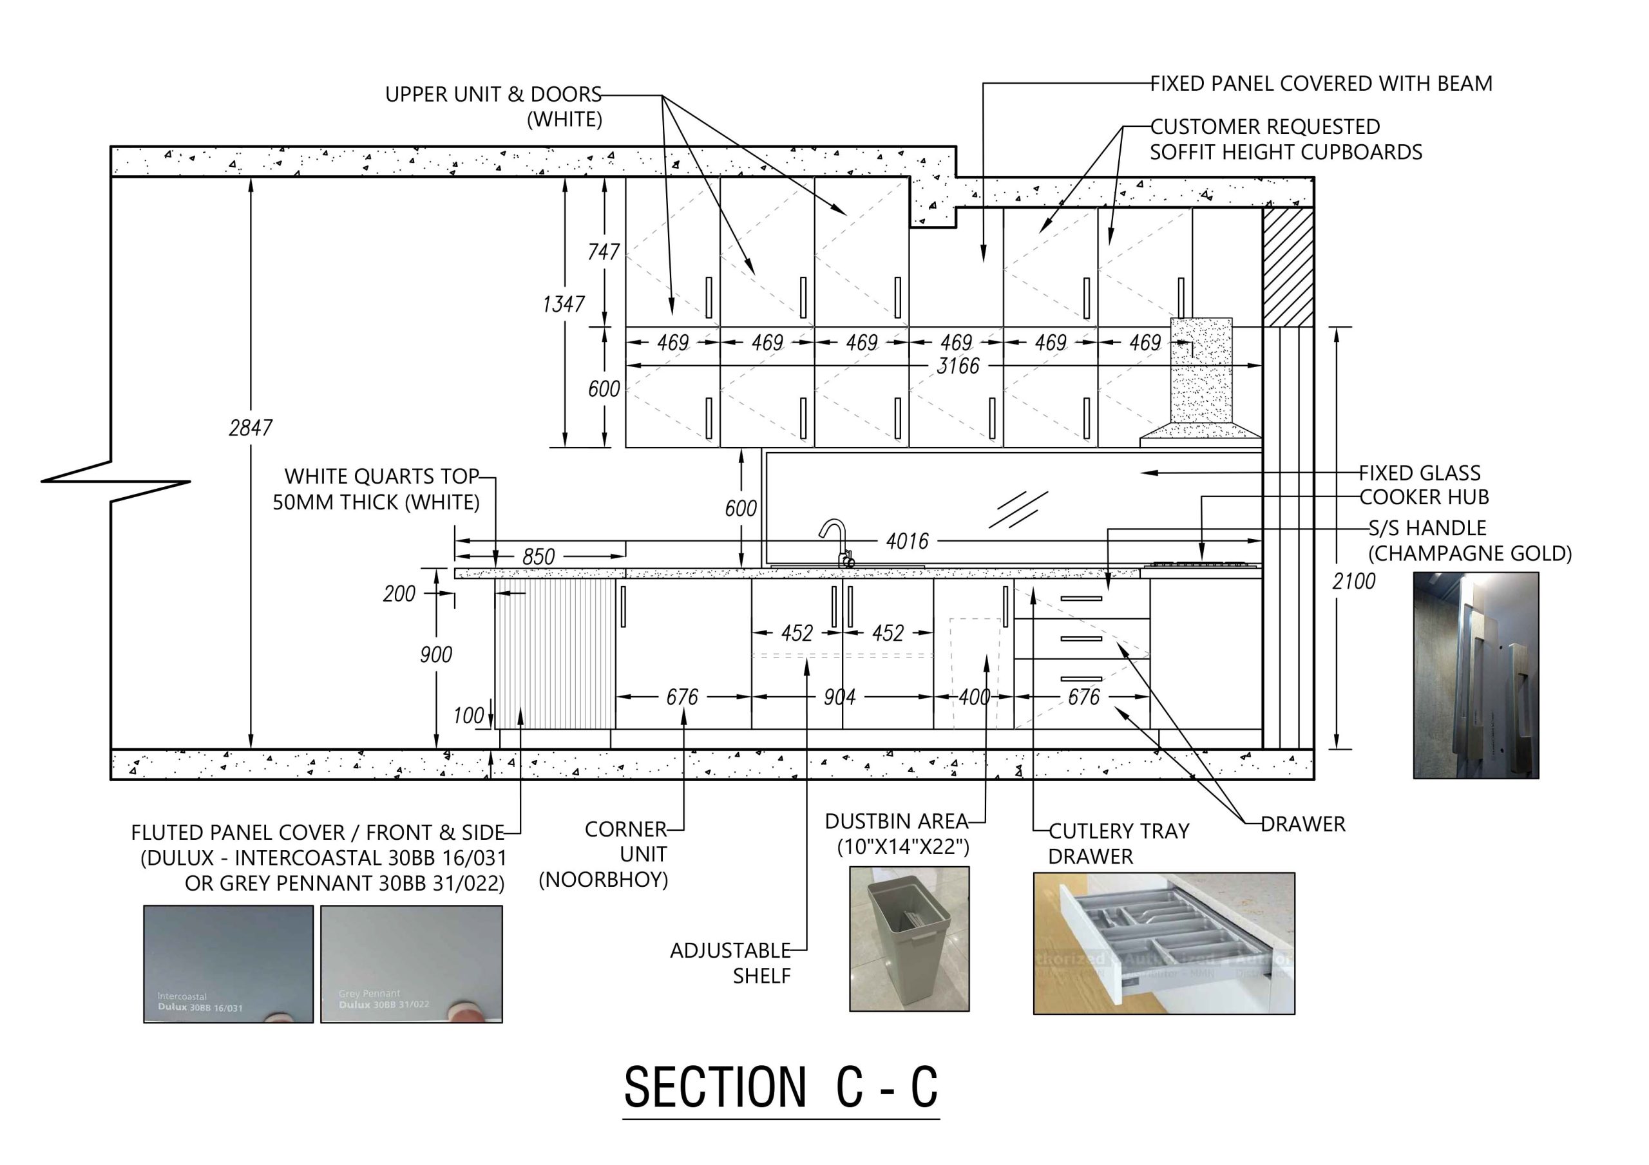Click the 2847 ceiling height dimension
click(251, 428)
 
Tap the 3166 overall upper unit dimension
click(957, 366)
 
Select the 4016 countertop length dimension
click(907, 541)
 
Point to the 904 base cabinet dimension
click(839, 697)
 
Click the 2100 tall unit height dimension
click(1353, 581)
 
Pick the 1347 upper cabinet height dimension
click(563, 305)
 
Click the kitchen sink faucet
click(837, 542)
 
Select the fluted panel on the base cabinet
click(555, 654)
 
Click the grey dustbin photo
click(910, 939)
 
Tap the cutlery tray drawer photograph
click(1163, 943)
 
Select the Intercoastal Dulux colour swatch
click(229, 963)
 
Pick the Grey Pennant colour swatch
click(411, 963)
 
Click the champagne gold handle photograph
click(1475, 675)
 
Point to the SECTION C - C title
click(781, 1088)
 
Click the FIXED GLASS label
click(1419, 473)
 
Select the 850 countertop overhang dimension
click(538, 556)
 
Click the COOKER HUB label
click(1424, 497)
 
